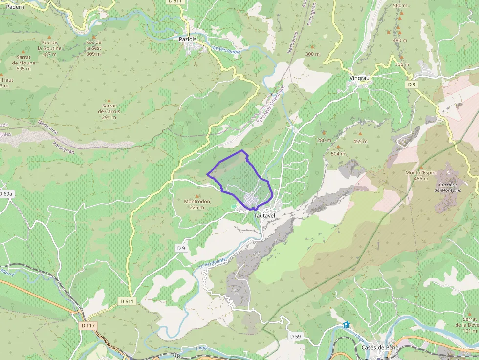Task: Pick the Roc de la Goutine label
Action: [x=49, y=45]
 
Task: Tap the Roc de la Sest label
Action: [x=93, y=45]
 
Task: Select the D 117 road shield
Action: [x=88, y=325]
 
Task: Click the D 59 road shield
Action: [x=295, y=336]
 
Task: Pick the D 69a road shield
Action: [x=6, y=194]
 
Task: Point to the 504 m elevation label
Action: [x=338, y=154]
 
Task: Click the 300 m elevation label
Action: [x=312, y=54]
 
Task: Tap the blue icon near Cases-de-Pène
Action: [x=347, y=324]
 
